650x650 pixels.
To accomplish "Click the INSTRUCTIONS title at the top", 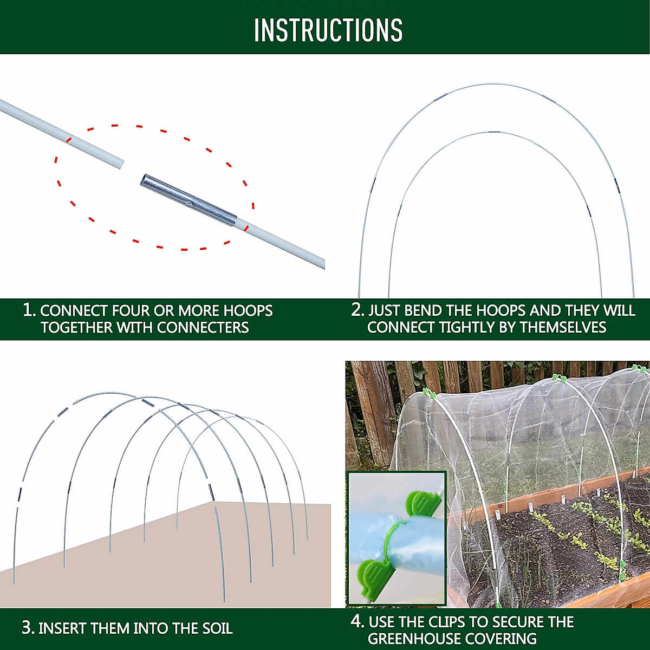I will [x=328, y=30].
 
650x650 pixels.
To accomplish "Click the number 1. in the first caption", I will [x=29, y=310].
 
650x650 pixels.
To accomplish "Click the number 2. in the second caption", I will [x=357, y=310].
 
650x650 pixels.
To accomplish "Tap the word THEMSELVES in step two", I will [x=563, y=327].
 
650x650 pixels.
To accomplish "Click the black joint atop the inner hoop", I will [x=494, y=133].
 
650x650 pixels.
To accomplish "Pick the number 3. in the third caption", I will [x=28, y=628].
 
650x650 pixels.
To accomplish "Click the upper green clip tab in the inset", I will [x=423, y=503].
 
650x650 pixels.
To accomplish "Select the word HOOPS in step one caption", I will [x=248, y=310].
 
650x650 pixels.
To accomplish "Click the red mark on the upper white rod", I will [x=68, y=139].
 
